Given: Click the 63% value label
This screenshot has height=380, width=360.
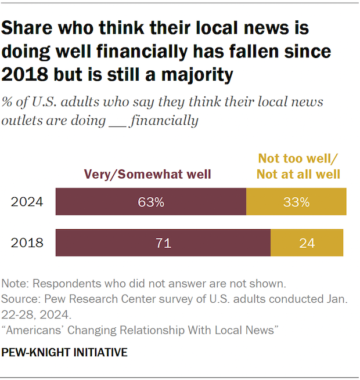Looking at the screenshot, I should click(151, 202).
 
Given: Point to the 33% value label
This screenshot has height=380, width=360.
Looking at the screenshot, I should click(297, 202).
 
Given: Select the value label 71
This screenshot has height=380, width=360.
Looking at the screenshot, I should click(163, 243).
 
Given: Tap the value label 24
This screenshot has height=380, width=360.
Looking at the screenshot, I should click(307, 243).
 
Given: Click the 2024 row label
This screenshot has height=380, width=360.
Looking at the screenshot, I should click(27, 202).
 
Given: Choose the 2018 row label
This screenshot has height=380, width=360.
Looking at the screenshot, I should click(27, 243).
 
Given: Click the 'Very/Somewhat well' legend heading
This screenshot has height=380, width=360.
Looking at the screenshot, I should click(147, 173).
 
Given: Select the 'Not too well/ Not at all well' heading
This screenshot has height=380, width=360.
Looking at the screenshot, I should click(299, 166).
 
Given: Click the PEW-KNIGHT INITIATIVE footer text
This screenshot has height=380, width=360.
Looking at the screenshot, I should click(64, 352).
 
